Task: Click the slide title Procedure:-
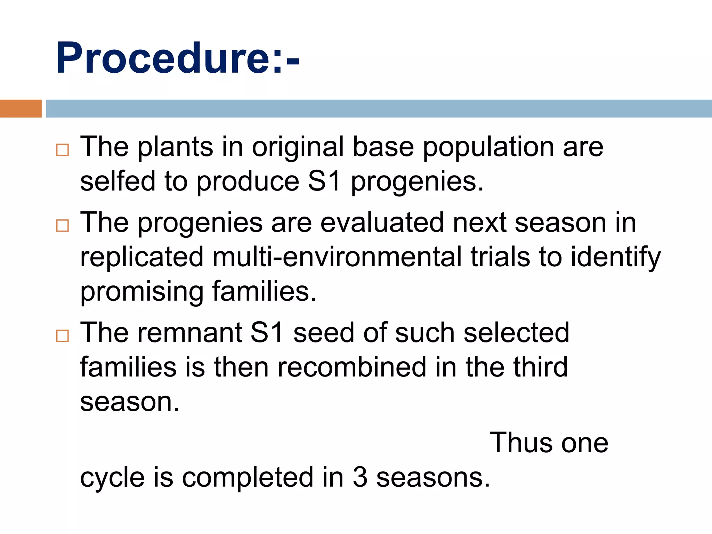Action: tap(177, 58)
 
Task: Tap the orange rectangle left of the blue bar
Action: tap(21, 108)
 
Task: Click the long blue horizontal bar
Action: tap(378, 108)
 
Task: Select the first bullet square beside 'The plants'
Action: tap(63, 150)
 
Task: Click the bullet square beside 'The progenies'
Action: tap(63, 226)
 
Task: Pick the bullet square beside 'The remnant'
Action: tap(63, 336)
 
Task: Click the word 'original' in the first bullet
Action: tap(298, 147)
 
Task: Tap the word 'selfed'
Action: tap(118, 181)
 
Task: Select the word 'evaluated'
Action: tap(382, 222)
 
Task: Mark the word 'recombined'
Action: tap(352, 367)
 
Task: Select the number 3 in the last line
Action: tap(360, 477)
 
